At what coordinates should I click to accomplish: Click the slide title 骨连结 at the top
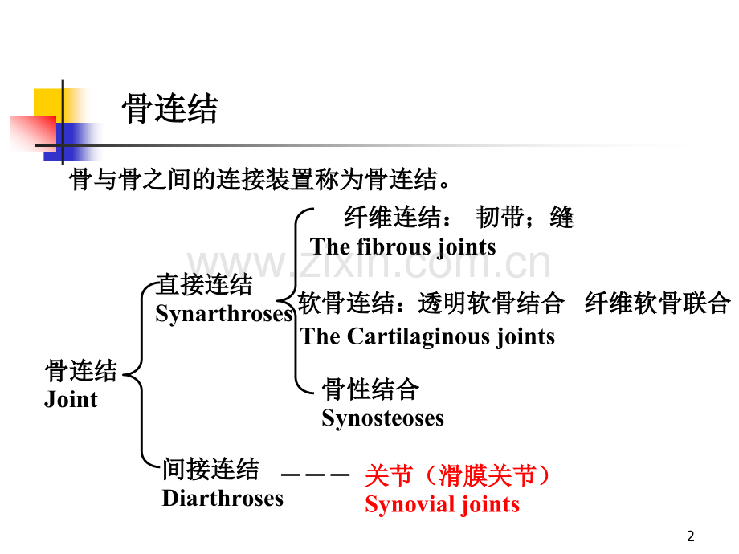pos(169,110)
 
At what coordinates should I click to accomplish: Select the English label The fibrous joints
pos(402,246)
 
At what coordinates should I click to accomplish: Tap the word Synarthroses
pos(224,314)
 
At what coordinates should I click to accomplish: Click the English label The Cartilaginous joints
pos(427,336)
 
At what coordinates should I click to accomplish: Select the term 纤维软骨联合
pos(657,303)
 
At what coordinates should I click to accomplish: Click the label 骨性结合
pos(370,390)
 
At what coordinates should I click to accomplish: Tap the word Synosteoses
pos(382,418)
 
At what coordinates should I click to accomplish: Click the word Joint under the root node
pos(71,400)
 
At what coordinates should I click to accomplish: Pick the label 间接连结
pos(210,469)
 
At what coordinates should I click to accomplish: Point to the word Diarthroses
pos(223,499)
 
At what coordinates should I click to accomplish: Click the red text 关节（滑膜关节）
pos(458,476)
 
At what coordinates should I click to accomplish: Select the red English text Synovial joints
pos(442,505)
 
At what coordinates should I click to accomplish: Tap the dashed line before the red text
pos(316,476)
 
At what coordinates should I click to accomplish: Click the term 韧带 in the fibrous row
pos(499,217)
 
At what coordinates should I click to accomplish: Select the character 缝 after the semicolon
pos(562,217)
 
